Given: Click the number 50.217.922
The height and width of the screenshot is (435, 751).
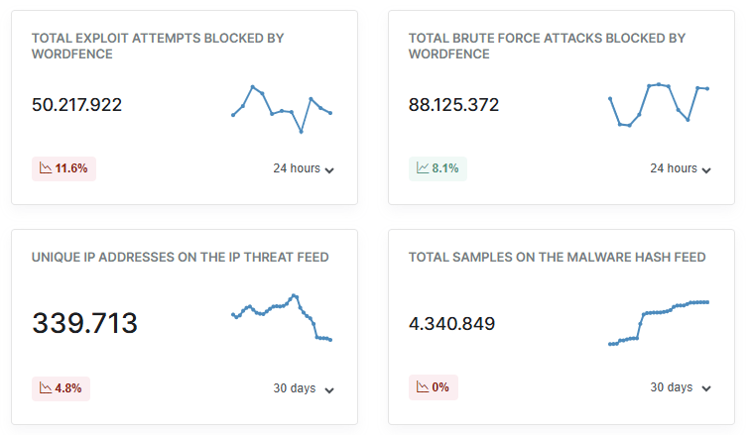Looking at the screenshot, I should pos(76,105).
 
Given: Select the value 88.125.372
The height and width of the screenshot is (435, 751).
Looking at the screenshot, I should pos(453,105).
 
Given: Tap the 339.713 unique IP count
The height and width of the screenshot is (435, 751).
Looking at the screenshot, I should pos(84,323).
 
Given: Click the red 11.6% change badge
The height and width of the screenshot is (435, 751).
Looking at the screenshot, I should pos(63,168).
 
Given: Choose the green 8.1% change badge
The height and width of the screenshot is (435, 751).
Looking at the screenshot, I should pos(438,168).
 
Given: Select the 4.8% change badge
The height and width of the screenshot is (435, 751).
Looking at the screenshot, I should pos(62,387).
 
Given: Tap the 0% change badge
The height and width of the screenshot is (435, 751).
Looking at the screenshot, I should pos(434,387).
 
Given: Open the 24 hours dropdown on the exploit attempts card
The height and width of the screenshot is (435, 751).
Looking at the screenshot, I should pos(304,169).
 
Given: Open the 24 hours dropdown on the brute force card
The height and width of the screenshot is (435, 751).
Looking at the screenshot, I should pos(681,169).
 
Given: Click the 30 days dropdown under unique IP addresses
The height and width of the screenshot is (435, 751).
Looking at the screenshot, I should pos(304,388).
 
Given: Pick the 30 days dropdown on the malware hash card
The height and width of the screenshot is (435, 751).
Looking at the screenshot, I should pos(681,388).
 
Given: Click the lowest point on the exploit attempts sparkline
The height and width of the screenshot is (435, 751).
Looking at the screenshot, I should pos(301,131).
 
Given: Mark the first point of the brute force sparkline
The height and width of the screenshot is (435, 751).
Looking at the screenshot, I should pos(610,98).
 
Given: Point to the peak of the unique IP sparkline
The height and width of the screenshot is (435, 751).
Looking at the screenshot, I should pos(294,295).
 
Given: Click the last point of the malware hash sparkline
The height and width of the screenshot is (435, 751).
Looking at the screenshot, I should pos(707,301).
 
